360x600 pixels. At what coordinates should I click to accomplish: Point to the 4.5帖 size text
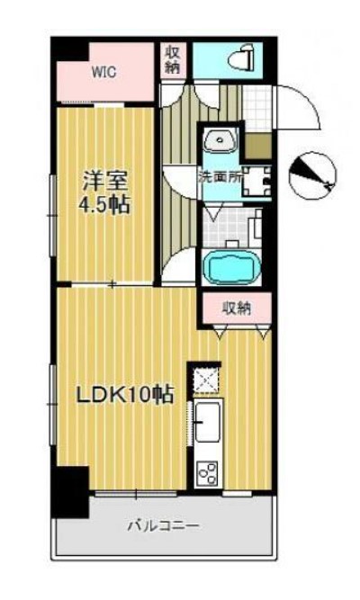pyautogui.click(x=101, y=204)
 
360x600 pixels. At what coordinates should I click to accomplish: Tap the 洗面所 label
pyautogui.click(x=220, y=177)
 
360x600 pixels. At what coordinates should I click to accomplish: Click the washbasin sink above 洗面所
pyautogui.click(x=219, y=142)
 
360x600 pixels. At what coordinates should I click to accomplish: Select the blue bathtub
pyautogui.click(x=232, y=267)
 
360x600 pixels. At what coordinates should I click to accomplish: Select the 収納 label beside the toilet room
pyautogui.click(x=172, y=58)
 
